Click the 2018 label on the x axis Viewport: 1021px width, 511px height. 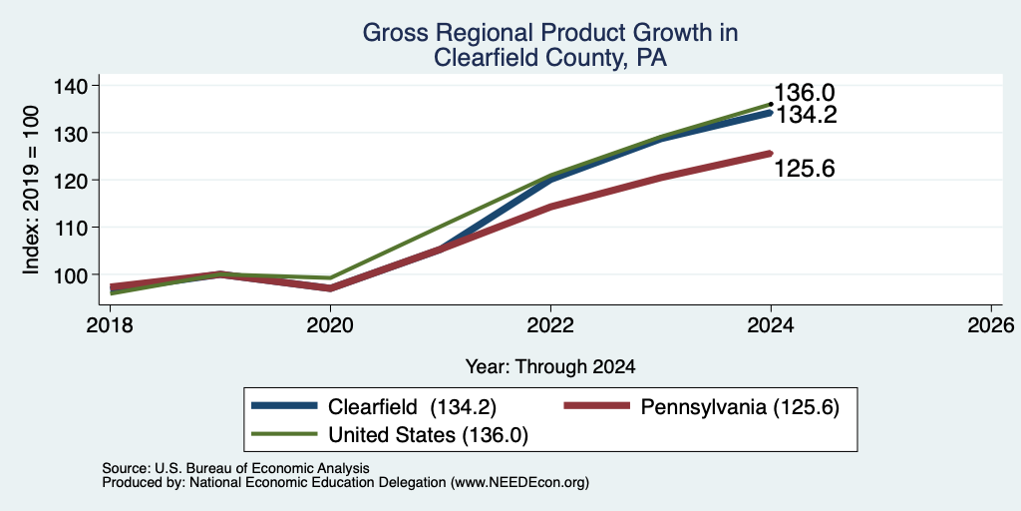(110, 325)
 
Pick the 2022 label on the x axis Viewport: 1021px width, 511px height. (550, 325)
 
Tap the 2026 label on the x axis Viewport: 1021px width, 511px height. (991, 325)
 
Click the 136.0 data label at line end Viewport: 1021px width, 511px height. (805, 93)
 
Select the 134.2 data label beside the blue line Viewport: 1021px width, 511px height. (806, 116)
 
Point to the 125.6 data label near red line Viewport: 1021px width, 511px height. (805, 170)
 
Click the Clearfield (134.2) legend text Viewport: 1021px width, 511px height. (412, 407)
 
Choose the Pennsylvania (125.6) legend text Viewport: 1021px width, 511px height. (740, 407)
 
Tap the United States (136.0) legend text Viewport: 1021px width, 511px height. (428, 435)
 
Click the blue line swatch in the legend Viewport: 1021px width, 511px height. (284, 406)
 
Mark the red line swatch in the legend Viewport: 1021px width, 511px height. (597, 406)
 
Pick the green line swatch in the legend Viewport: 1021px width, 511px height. (284, 433)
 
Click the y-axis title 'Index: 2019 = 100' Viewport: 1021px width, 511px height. (31, 190)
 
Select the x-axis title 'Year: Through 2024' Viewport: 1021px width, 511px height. (550, 367)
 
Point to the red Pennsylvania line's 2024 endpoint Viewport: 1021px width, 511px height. (771, 154)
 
